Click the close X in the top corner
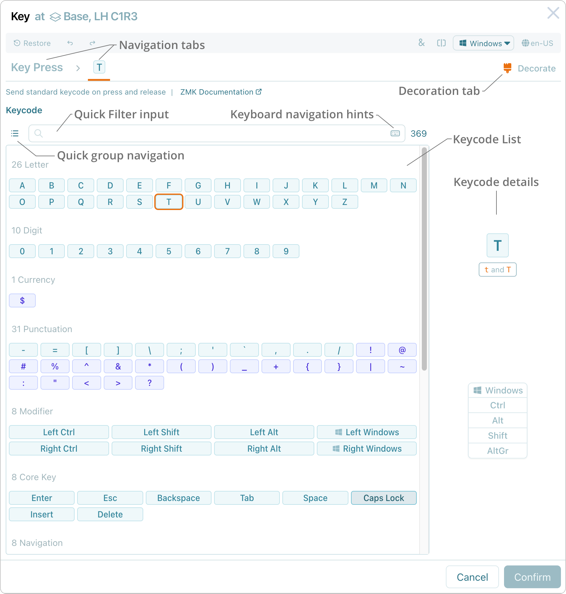coord(553,13)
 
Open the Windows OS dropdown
coord(483,43)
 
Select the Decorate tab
coord(530,68)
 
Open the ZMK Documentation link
coord(221,92)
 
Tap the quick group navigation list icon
coord(15,133)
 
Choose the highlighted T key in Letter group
coord(169,202)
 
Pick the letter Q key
coord(81,202)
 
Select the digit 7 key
coord(227,251)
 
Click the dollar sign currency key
coord(22,301)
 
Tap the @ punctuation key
coord(402,350)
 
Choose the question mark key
coord(150,383)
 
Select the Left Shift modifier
coord(161,432)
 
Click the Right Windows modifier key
coord(367,449)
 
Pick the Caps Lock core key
coord(384,498)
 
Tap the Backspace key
coord(179,498)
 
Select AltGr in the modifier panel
coord(498,451)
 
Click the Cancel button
coord(472,577)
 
